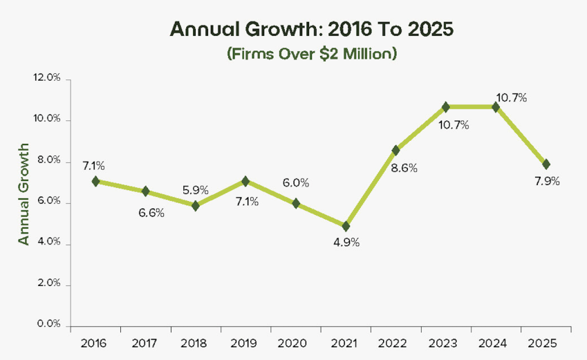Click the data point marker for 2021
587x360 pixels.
click(346, 226)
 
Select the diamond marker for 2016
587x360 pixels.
click(95, 181)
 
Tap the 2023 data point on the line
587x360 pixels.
click(446, 107)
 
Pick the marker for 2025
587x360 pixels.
click(546, 164)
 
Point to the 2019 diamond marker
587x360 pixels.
click(245, 181)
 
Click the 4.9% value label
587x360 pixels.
click(346, 243)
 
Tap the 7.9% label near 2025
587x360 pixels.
click(546, 181)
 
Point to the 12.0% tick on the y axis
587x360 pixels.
click(47, 79)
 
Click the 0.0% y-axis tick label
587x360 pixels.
click(48, 325)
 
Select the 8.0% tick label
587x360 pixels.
click(48, 161)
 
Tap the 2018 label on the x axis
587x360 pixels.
click(196, 343)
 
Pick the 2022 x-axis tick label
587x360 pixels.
click(395, 343)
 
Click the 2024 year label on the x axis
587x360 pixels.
click(496, 343)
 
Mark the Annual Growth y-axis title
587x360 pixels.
click(24, 194)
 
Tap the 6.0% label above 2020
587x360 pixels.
click(295, 183)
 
